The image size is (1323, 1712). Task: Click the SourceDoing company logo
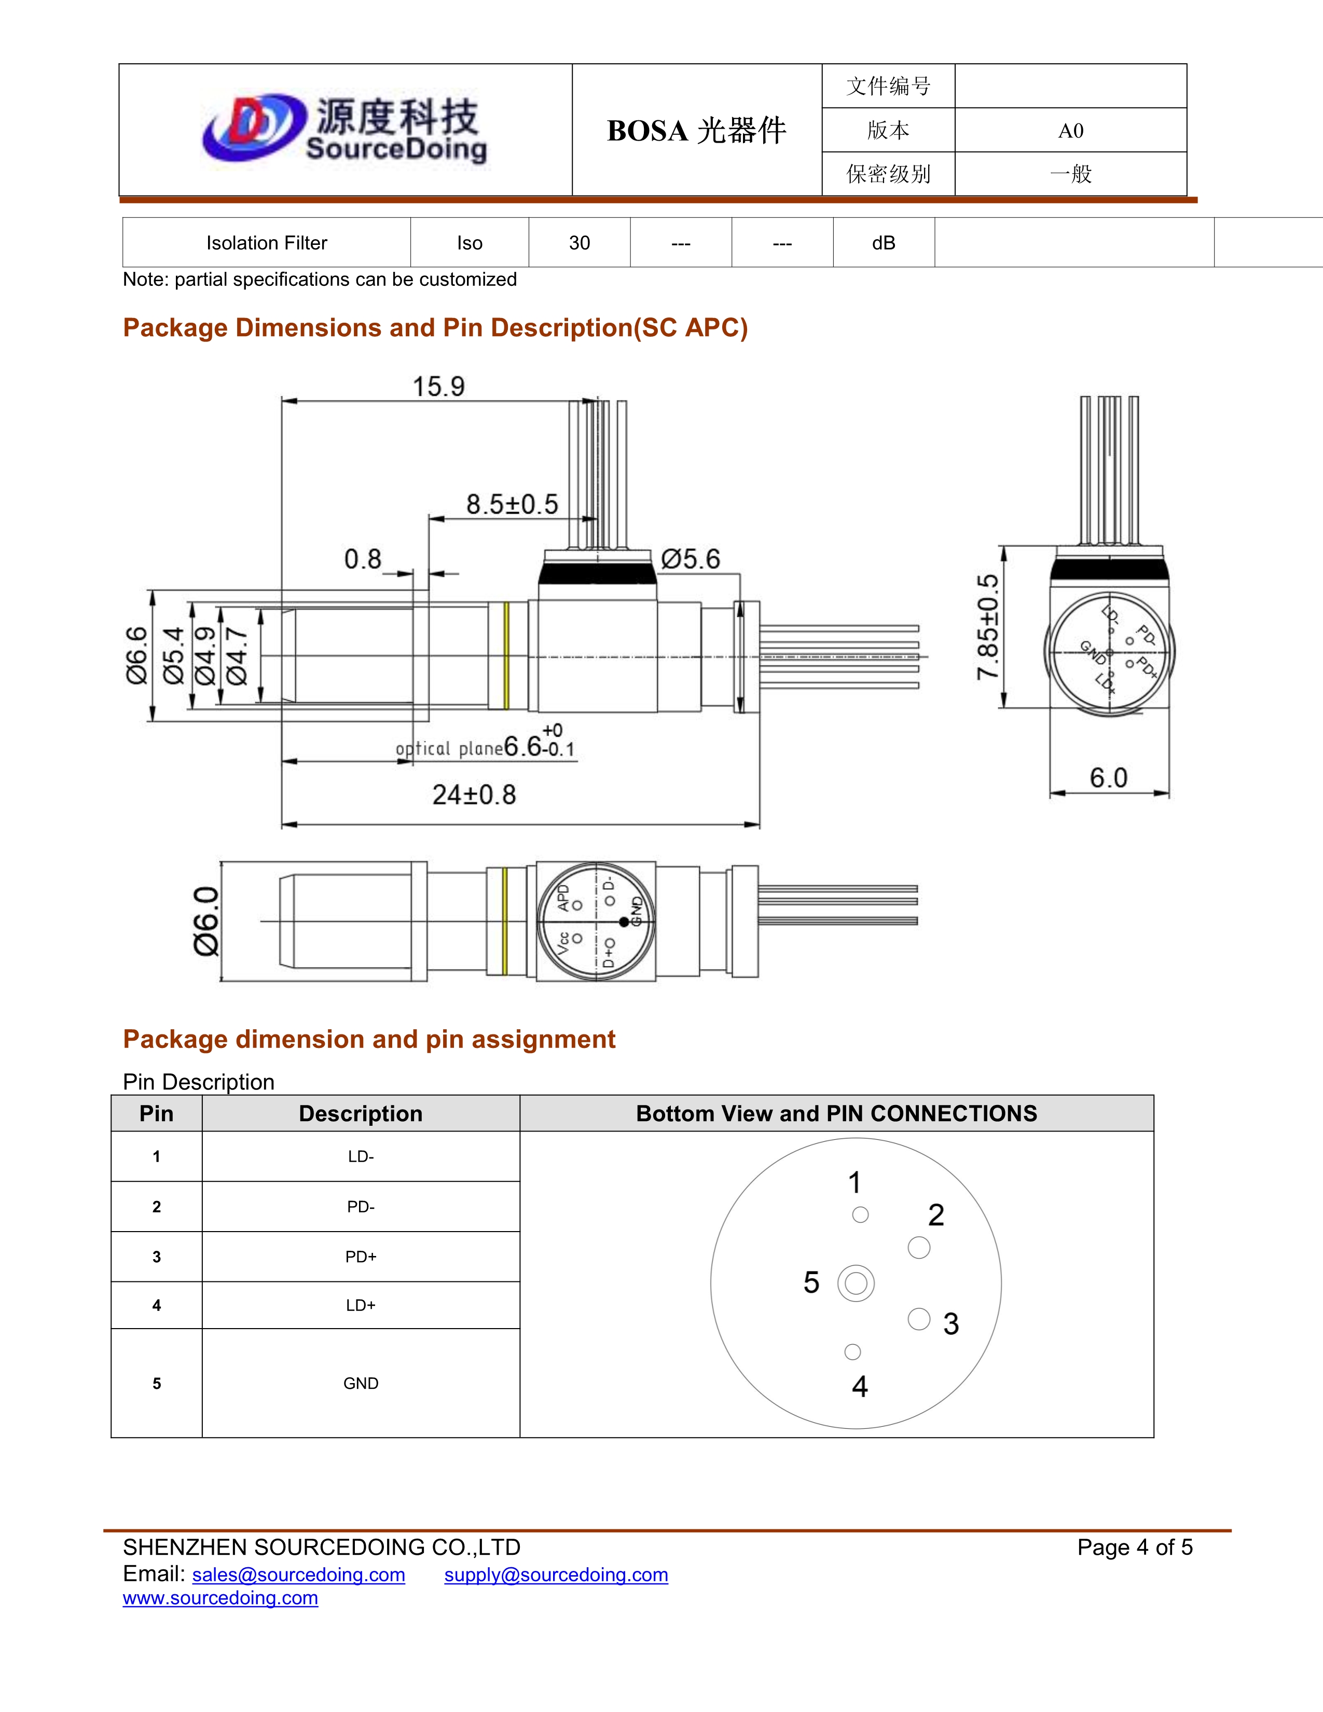tap(345, 129)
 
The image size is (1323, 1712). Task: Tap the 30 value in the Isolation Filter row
tap(579, 243)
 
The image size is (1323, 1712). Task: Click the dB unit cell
tap(884, 243)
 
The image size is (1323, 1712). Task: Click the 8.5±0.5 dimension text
tap(512, 504)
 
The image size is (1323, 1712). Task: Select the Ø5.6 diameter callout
tap(690, 559)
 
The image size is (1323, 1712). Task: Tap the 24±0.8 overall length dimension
tap(474, 795)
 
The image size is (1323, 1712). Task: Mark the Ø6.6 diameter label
tap(136, 655)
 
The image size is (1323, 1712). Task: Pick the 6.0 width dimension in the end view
tap(1108, 778)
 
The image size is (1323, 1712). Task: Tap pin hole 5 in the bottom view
tap(856, 1283)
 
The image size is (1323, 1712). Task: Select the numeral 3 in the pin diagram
tap(950, 1324)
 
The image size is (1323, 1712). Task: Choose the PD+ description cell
tap(361, 1257)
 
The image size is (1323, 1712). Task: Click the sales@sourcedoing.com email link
tap(299, 1575)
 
